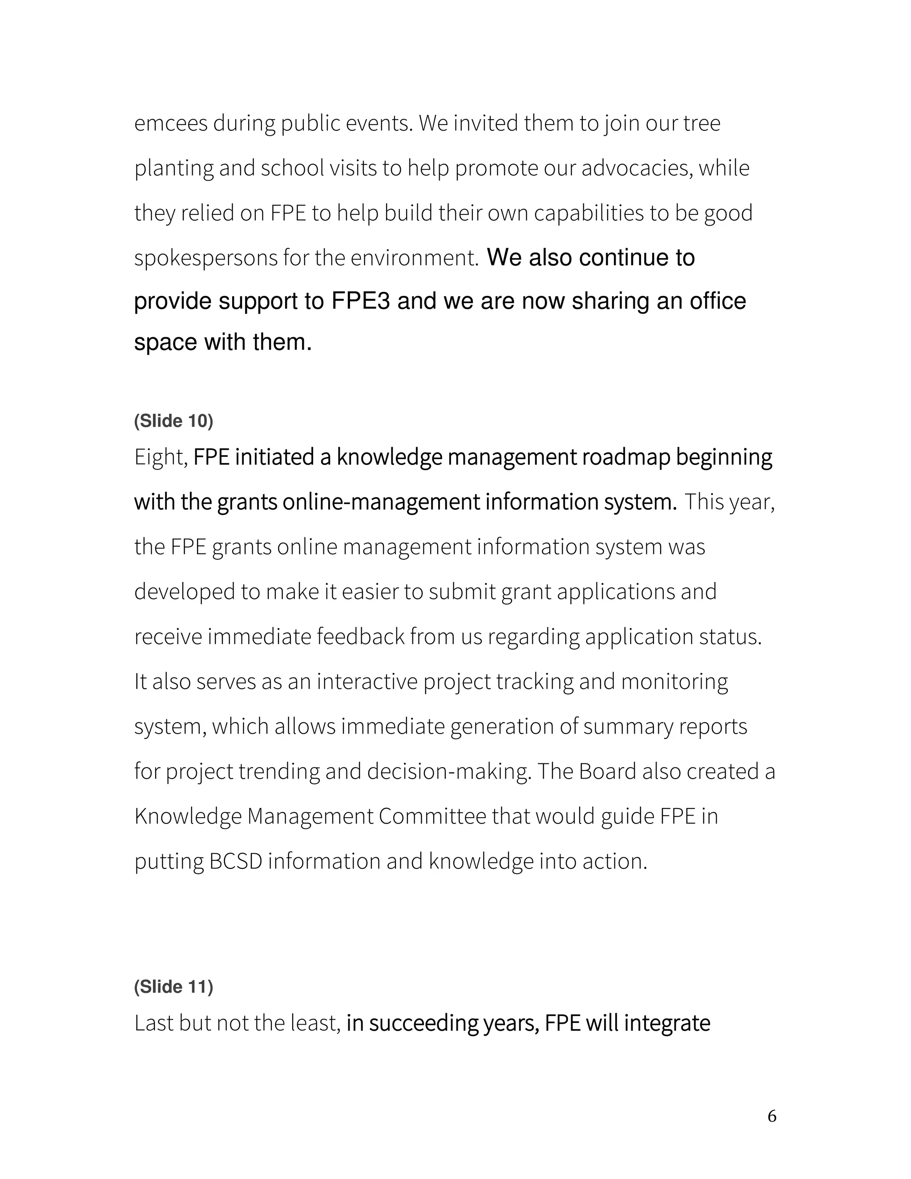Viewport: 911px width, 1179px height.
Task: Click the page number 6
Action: (x=772, y=1116)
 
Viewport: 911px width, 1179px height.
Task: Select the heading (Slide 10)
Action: (x=173, y=421)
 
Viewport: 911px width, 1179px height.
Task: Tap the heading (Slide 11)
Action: (x=173, y=987)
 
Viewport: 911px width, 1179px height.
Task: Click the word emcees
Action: (x=170, y=124)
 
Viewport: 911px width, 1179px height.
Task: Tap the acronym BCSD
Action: (x=235, y=861)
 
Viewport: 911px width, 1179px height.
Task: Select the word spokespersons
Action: (x=206, y=258)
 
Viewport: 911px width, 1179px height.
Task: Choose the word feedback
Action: (x=360, y=637)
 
